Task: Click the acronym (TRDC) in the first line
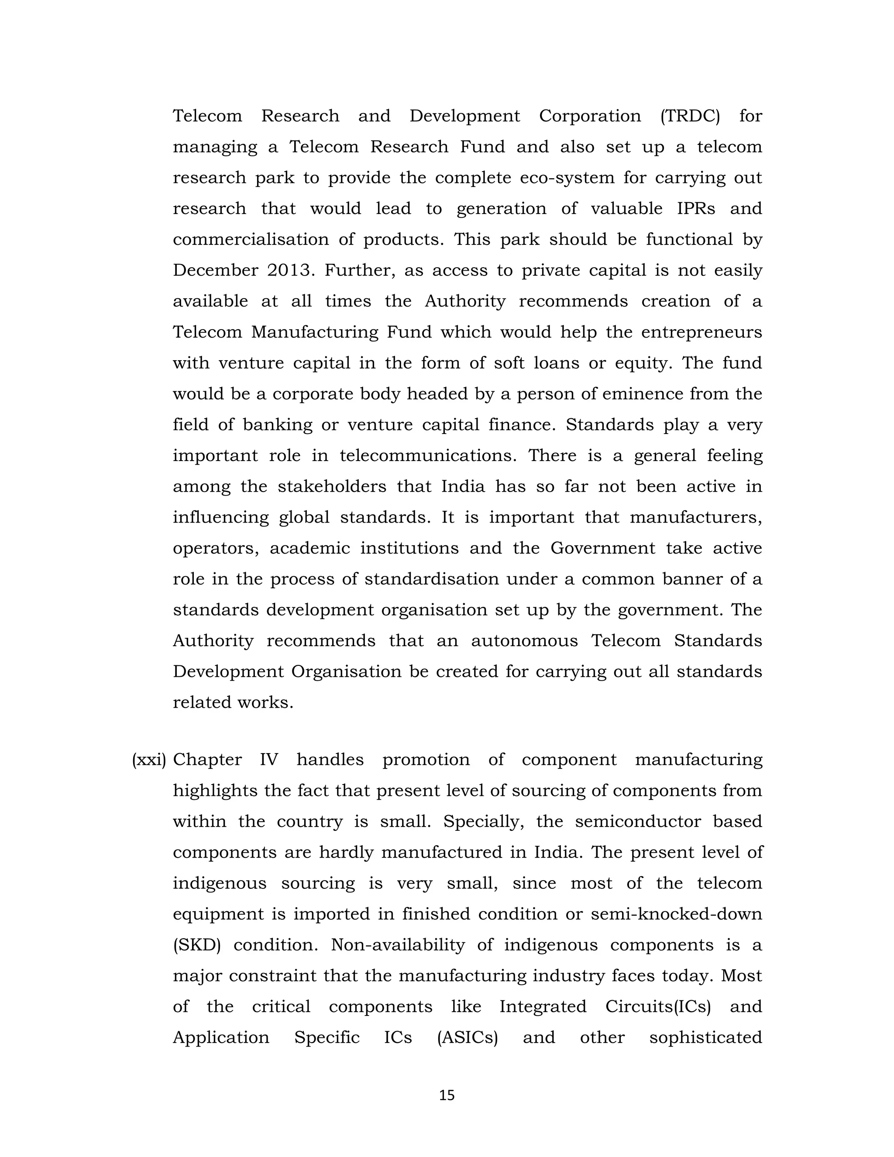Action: click(690, 116)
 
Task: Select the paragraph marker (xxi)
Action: click(149, 760)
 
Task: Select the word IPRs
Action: click(696, 208)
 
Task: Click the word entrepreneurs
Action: click(701, 332)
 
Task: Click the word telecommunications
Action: click(428, 455)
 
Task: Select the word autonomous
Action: click(524, 641)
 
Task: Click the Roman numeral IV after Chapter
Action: click(268, 760)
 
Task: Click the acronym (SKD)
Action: click(196, 945)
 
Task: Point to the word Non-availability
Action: click(398, 945)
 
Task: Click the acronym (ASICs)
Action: click(468, 1038)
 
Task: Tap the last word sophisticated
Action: click(705, 1038)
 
